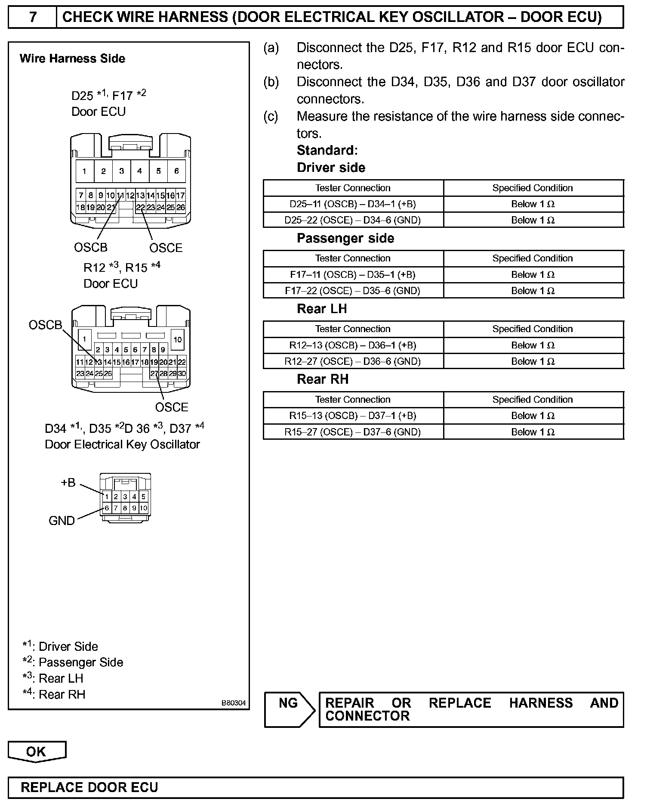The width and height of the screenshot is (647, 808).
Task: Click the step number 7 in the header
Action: (x=33, y=17)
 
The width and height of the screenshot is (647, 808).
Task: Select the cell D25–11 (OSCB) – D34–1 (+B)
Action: (x=353, y=204)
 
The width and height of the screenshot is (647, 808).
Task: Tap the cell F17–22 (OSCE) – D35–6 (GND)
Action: (x=353, y=291)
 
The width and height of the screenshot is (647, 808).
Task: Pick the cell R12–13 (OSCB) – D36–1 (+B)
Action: (x=353, y=345)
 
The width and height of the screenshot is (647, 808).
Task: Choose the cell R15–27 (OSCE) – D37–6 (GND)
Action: (x=353, y=432)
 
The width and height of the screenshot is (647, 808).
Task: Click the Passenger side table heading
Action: (x=345, y=238)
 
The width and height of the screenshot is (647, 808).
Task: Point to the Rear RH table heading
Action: (x=323, y=379)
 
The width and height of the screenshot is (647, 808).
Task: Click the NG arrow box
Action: (x=290, y=710)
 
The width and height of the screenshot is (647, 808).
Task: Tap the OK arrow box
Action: (x=37, y=752)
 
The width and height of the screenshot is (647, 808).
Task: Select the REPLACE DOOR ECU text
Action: (x=89, y=787)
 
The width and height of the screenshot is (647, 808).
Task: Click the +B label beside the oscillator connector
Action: (x=68, y=482)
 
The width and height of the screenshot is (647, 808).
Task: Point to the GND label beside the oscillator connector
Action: (x=62, y=521)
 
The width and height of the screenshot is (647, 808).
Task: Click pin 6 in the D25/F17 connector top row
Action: (x=176, y=171)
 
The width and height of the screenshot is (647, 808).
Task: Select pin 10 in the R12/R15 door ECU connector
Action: (x=178, y=339)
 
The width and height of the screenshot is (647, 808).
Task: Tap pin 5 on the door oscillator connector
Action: (x=144, y=497)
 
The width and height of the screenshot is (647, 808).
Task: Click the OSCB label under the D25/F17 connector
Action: (x=90, y=247)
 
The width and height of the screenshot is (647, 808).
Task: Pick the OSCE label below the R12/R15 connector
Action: (x=172, y=407)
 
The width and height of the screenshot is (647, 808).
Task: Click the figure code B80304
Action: (x=234, y=703)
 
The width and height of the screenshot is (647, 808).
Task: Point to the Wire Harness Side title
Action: (x=72, y=59)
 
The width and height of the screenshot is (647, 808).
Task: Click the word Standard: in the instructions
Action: (x=327, y=150)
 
